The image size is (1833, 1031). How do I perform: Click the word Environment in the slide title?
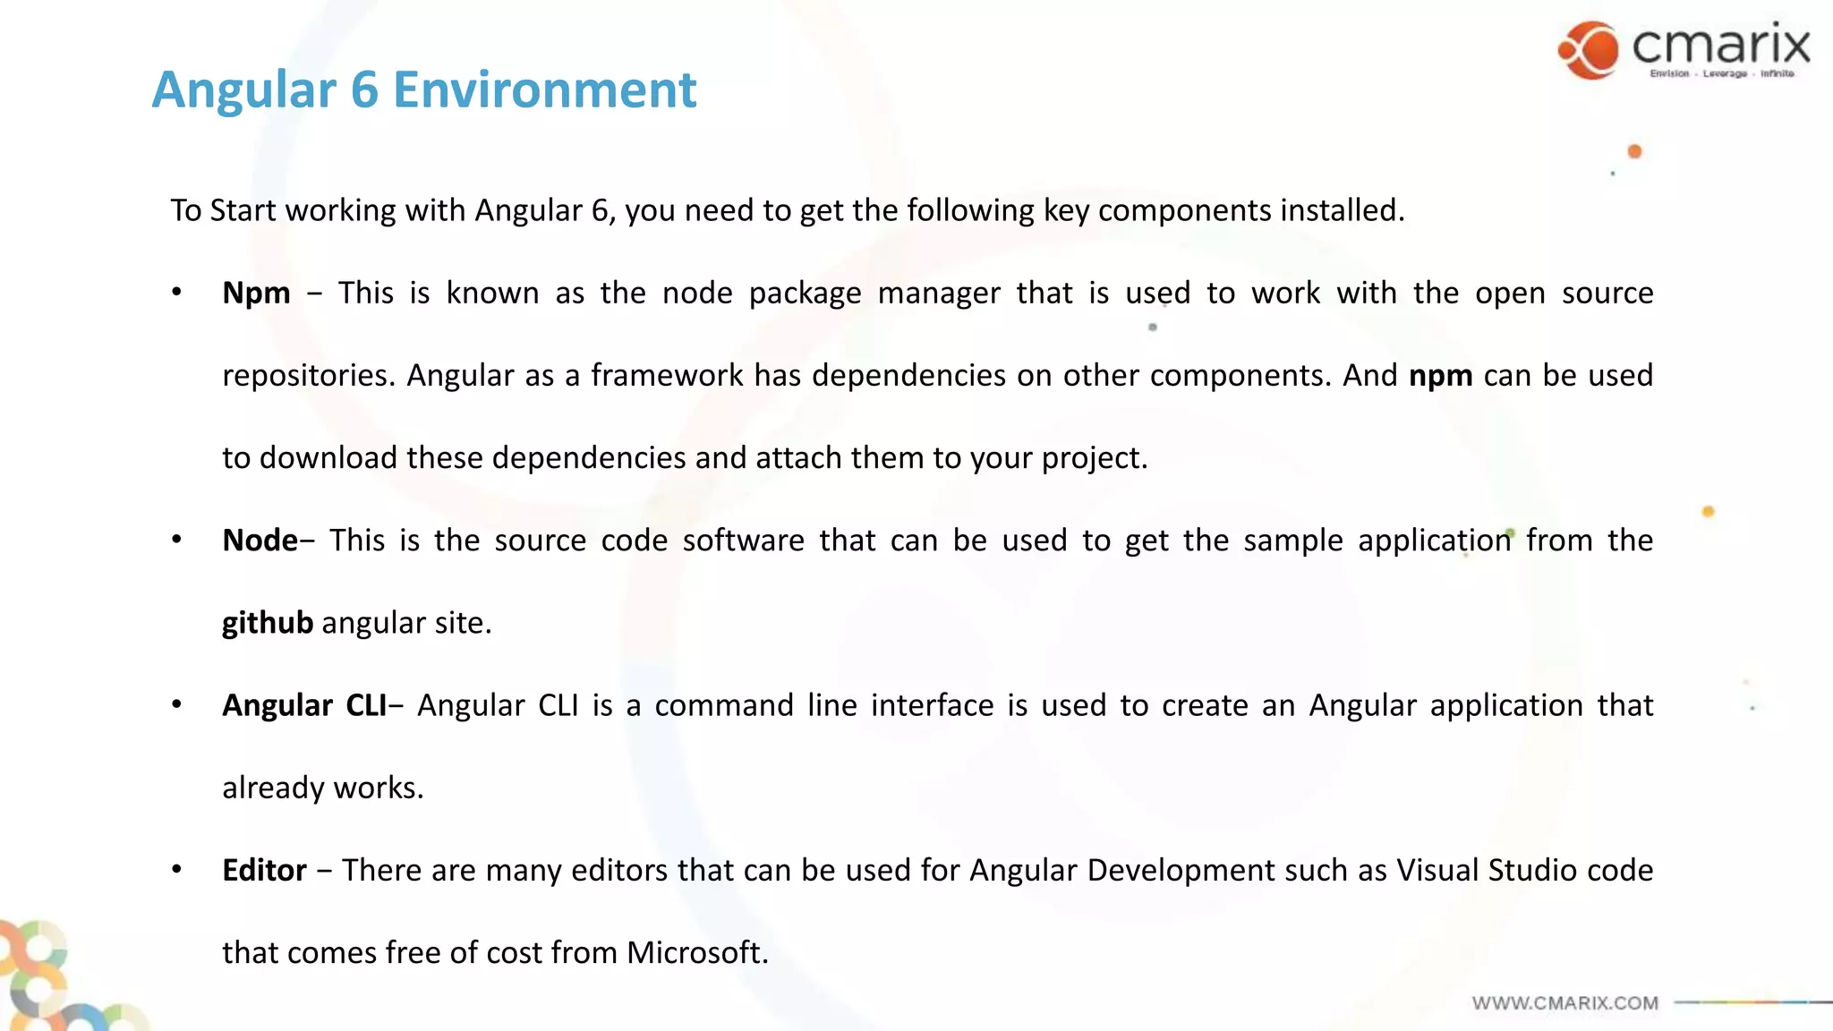click(544, 89)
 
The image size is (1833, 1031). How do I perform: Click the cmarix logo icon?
click(1589, 50)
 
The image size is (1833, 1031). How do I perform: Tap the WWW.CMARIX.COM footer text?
click(1565, 1003)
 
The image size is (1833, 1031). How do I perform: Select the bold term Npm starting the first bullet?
click(256, 294)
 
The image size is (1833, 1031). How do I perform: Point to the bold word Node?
click(260, 541)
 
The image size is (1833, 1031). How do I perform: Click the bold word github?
click(268, 623)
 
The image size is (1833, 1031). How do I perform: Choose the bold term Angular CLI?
click(304, 705)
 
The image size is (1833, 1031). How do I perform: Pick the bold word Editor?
click(264, 870)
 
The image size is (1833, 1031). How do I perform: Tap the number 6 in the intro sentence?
click(600, 210)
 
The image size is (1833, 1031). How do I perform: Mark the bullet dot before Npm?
click(177, 292)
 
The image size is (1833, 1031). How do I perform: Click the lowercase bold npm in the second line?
click(1440, 376)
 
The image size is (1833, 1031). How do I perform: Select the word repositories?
click(307, 376)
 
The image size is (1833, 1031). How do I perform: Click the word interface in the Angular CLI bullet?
click(932, 705)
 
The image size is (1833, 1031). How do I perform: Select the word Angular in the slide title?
click(243, 89)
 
